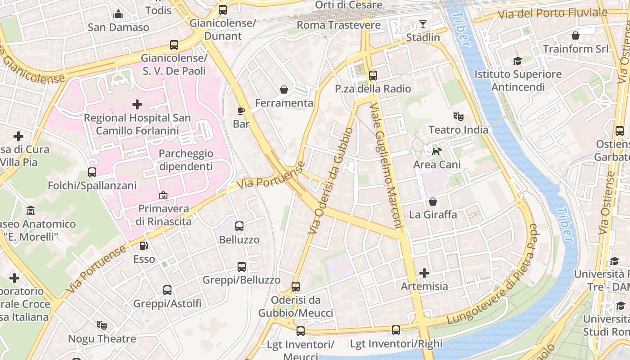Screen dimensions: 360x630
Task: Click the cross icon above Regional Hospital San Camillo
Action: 137,104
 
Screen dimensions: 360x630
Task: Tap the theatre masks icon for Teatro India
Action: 458,117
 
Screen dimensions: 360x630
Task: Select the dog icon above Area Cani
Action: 436,152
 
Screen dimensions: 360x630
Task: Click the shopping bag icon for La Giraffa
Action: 432,202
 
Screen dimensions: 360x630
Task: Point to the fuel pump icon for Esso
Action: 144,246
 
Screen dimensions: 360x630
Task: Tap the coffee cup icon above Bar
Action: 241,110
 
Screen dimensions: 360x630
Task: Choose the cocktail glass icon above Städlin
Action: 423,24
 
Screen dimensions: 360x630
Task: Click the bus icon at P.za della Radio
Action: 373,76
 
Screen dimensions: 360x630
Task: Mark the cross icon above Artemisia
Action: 424,273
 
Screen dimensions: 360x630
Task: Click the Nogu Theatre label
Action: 102,338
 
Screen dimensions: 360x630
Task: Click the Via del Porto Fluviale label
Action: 553,13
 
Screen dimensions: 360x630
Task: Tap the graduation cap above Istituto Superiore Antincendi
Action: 517,61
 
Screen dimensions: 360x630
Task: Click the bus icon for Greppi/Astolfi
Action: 167,290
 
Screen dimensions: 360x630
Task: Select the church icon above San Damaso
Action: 118,14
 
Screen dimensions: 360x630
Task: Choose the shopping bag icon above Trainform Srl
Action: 575,36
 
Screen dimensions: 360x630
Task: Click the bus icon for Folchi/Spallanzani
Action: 92,172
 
